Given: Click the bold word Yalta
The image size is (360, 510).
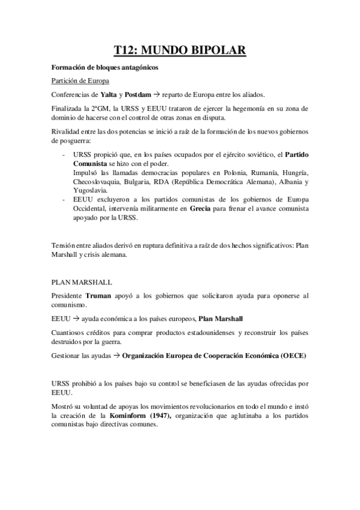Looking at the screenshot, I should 108,94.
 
